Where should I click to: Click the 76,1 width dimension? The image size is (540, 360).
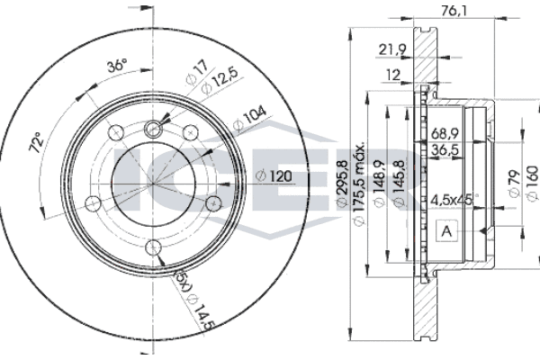click(454, 12)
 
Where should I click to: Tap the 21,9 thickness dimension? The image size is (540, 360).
click(392, 50)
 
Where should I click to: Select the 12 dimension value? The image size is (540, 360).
click(392, 75)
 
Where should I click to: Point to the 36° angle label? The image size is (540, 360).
click(117, 65)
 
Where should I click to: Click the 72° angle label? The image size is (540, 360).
click(36, 142)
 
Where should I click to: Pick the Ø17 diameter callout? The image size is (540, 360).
click(197, 72)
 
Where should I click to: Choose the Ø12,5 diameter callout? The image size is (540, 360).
click(220, 81)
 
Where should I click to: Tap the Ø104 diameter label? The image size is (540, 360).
click(249, 119)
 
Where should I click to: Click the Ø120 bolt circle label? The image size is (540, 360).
click(274, 176)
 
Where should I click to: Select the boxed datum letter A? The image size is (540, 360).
click(447, 231)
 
